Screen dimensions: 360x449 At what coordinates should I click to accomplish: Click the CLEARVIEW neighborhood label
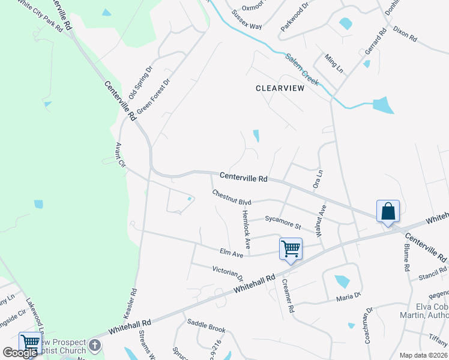pyautogui.click(x=280, y=88)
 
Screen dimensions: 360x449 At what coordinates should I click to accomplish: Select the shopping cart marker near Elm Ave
pyautogui.click(x=291, y=248)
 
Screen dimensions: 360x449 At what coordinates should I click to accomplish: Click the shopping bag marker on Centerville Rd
pyautogui.click(x=388, y=212)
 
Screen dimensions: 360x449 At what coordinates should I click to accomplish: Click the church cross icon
pyautogui.click(x=95, y=345)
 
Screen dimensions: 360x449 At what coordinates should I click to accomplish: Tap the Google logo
pyautogui.click(x=20, y=353)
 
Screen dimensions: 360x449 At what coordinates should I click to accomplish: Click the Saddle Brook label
pyautogui.click(x=206, y=328)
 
